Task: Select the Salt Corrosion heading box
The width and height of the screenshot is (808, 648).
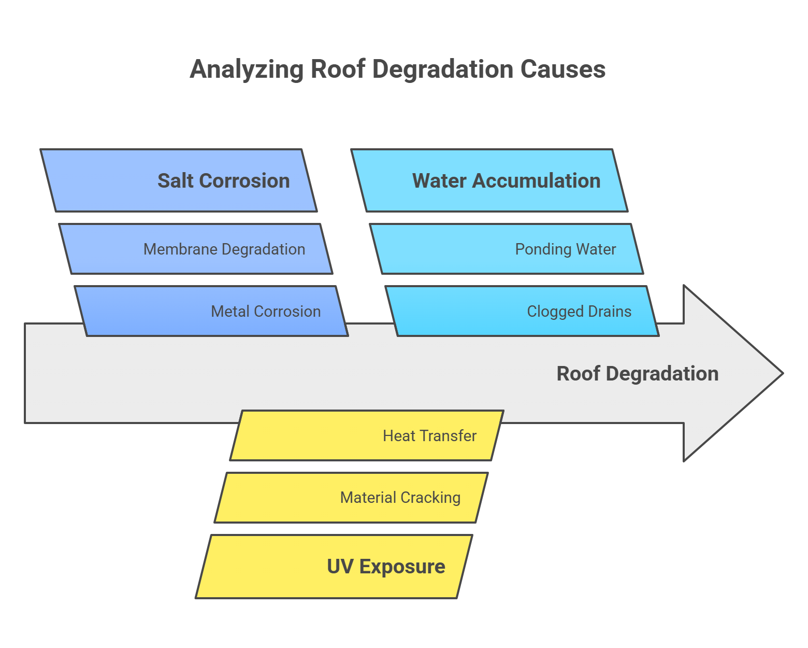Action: pos(179,180)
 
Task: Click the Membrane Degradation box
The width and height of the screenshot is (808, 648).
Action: pos(196,249)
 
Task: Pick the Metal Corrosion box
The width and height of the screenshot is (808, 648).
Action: pos(211,311)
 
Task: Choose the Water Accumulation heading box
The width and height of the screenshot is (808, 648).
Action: pos(489,180)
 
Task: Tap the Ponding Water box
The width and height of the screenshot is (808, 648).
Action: pos(507,249)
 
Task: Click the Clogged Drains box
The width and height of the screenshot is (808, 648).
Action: pos(522,311)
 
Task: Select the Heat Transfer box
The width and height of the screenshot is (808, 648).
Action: pos(367,435)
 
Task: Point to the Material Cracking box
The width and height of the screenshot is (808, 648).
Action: pos(351,498)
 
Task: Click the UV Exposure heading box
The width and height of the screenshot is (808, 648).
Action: pos(334,567)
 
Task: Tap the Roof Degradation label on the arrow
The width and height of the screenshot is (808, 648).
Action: pos(637,374)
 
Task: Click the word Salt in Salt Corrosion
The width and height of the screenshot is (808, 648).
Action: pos(176,181)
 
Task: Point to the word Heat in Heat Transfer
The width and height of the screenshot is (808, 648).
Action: pos(399,436)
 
